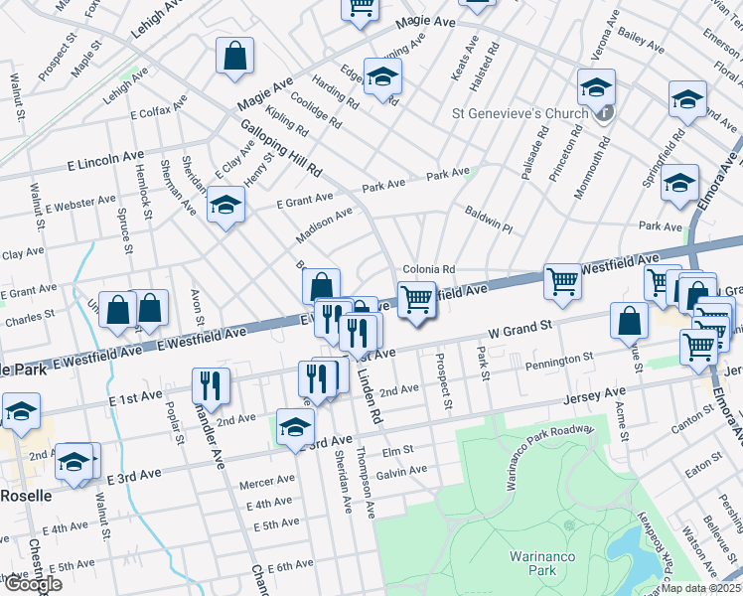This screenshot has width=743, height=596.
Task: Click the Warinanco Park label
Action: tap(537, 563)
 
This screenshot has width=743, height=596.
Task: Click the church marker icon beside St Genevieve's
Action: tap(604, 112)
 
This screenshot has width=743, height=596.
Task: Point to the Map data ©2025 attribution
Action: tap(701, 588)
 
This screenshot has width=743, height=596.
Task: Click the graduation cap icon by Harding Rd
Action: tap(382, 77)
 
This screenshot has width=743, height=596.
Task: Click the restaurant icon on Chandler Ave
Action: tap(211, 385)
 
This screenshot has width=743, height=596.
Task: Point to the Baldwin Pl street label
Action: tap(488, 221)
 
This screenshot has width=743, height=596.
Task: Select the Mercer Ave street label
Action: tap(267, 481)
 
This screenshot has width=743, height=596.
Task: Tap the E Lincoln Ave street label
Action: tap(106, 159)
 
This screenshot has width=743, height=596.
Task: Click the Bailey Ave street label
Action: tap(641, 41)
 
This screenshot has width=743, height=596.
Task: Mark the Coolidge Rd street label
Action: tap(317, 109)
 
